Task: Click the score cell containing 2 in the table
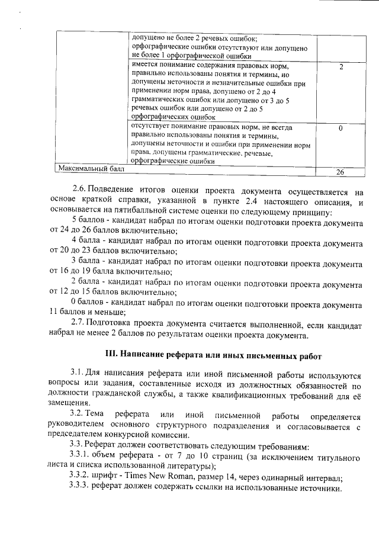point(341,67)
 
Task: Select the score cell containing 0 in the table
point(341,128)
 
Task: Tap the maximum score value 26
point(340,172)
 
